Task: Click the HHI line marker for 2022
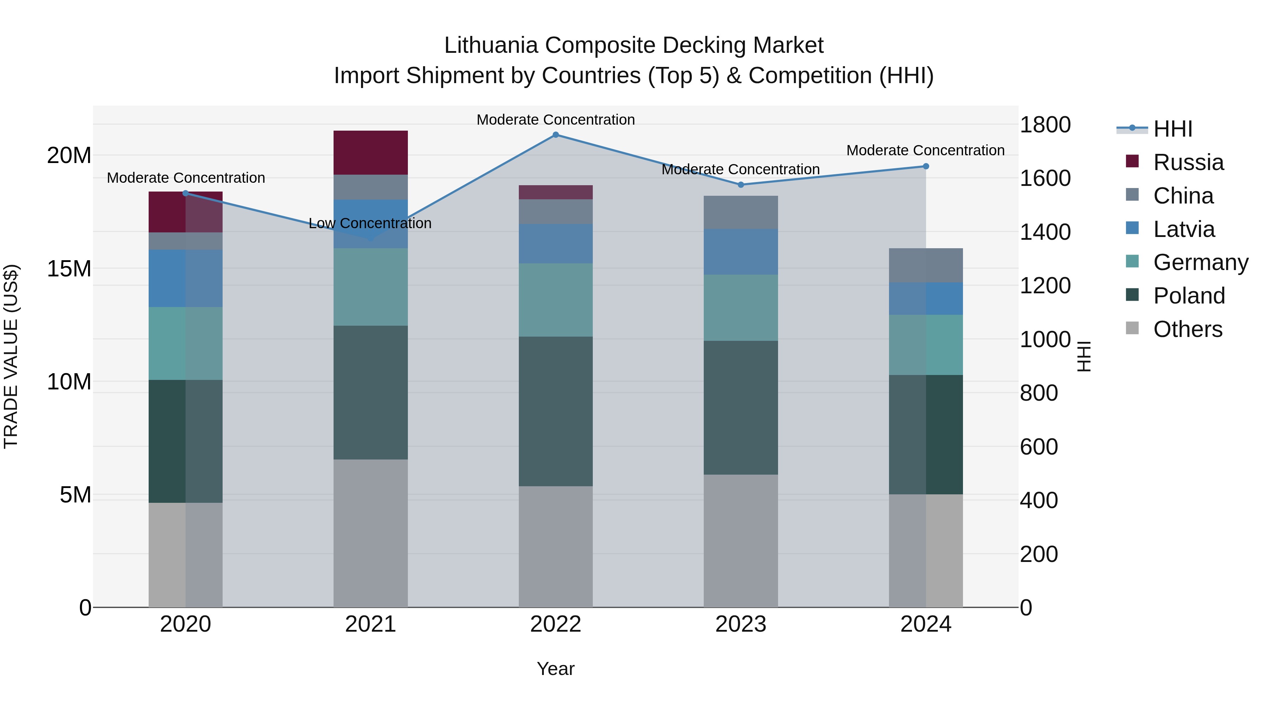tap(556, 135)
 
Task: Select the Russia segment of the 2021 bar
tap(371, 152)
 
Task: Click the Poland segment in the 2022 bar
tap(556, 411)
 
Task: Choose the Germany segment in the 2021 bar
tap(371, 287)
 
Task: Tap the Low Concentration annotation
tap(370, 223)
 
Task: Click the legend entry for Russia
tap(1188, 162)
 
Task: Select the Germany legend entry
tap(1200, 262)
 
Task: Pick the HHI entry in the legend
tap(1173, 129)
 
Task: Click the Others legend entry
tap(1187, 329)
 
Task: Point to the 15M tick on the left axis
tap(69, 269)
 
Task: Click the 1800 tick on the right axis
tap(1045, 125)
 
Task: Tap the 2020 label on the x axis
tap(186, 624)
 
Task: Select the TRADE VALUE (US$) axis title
tap(11, 356)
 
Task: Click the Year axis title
tap(556, 669)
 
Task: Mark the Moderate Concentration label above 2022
tap(556, 120)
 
